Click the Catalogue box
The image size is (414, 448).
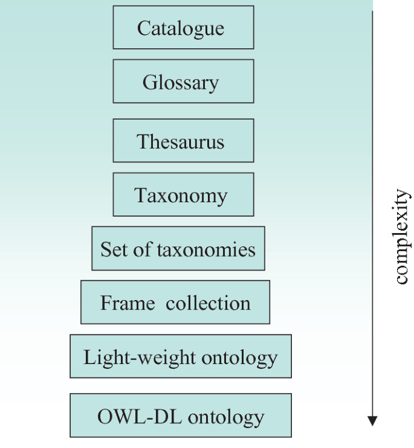(x=183, y=28)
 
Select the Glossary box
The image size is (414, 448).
(x=183, y=82)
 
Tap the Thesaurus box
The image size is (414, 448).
(x=183, y=141)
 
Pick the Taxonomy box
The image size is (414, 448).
(x=183, y=194)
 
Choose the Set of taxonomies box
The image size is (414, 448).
(x=178, y=248)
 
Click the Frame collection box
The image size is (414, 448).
(x=175, y=302)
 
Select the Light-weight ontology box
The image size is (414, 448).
(x=181, y=356)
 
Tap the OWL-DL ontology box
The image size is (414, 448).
(x=181, y=415)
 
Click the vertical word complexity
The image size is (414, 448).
(x=401, y=237)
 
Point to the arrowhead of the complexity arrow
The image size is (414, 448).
(x=372, y=421)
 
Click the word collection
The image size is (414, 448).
(x=208, y=302)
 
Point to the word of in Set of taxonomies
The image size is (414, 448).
(x=143, y=249)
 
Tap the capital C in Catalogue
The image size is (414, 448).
(x=143, y=28)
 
